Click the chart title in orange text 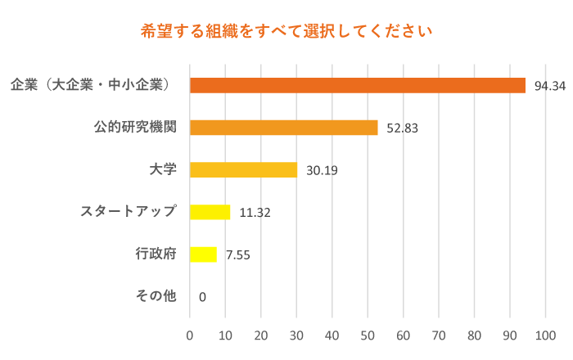[x=286, y=32]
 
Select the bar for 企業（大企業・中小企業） [x=357, y=85]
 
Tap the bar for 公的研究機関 [x=283, y=128]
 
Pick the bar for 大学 [x=243, y=170]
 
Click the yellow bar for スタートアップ [x=210, y=212]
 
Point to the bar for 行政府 [x=203, y=254]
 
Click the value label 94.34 [x=550, y=86]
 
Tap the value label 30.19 [x=322, y=171]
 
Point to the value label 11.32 [x=255, y=213]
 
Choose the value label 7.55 [x=237, y=255]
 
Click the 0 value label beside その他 [x=202, y=297]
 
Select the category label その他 [x=156, y=295]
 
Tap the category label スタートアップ [x=129, y=211]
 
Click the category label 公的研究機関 [x=135, y=127]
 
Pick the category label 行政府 [x=156, y=254]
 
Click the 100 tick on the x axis [x=545, y=335]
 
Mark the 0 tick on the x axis [x=190, y=335]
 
